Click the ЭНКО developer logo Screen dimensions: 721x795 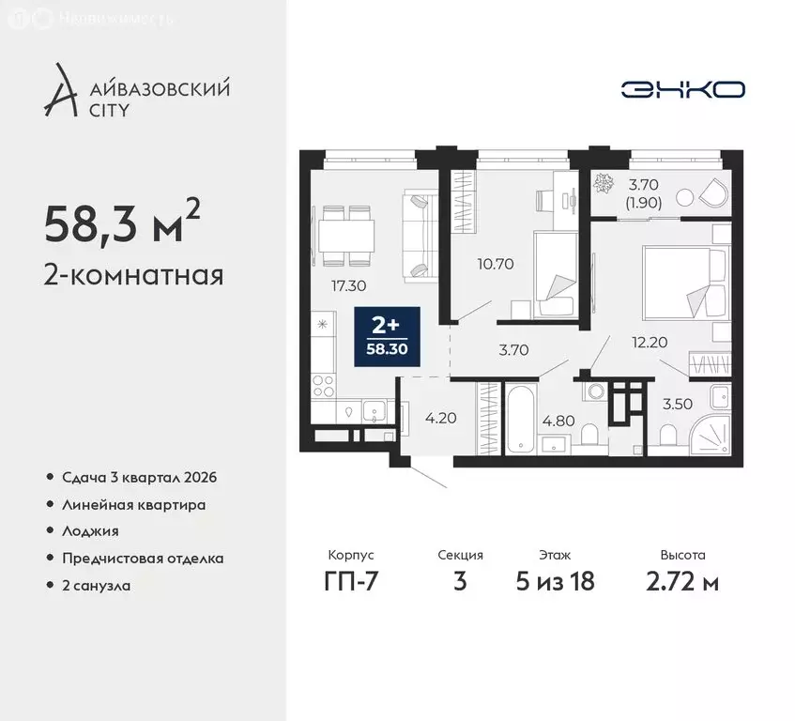[682, 89]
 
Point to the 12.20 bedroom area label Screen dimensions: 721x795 [649, 343]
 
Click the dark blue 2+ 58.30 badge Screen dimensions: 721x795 [386, 337]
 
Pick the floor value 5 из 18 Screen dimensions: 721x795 [555, 581]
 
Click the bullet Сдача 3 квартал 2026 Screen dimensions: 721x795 [139, 478]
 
